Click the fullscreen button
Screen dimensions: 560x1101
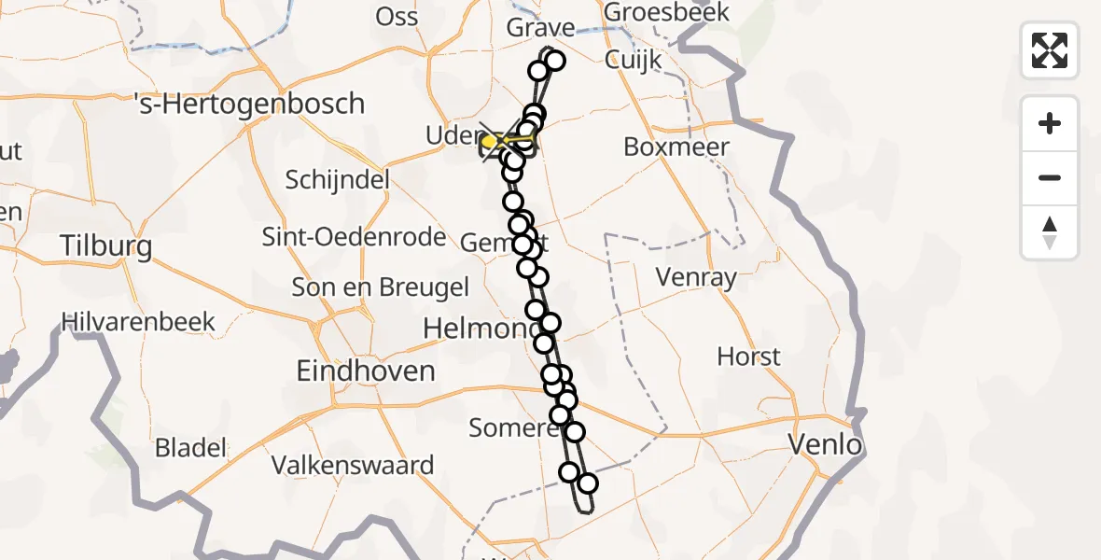pyautogui.click(x=1050, y=50)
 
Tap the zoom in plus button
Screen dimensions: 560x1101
pyautogui.click(x=1050, y=123)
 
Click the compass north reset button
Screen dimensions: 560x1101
pyautogui.click(x=1050, y=232)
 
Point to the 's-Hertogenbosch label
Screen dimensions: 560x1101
pyautogui.click(x=249, y=103)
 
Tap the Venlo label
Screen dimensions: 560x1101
pyautogui.click(x=825, y=444)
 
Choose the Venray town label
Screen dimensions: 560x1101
pyautogui.click(x=696, y=277)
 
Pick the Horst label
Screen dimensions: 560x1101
pyautogui.click(x=748, y=357)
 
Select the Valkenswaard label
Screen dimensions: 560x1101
pyautogui.click(x=353, y=465)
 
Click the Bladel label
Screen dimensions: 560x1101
pyautogui.click(x=190, y=448)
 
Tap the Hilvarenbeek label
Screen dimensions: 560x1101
pyautogui.click(x=138, y=323)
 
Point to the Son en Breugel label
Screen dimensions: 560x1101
pyautogui.click(x=381, y=287)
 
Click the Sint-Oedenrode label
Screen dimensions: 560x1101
pyautogui.click(x=354, y=237)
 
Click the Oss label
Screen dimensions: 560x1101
pyautogui.click(x=397, y=16)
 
